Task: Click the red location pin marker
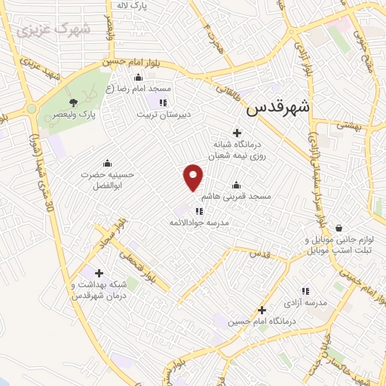point(194,177)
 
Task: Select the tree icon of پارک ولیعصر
point(73,102)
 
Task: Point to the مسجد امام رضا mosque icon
point(138,77)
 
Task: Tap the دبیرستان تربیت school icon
point(162,103)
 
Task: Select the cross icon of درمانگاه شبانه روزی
point(237,133)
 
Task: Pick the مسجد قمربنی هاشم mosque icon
point(236,185)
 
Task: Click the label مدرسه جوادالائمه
point(198,223)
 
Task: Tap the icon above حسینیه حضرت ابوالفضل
point(107,163)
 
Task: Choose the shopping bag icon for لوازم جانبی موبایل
point(339,227)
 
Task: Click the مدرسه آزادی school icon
point(305,290)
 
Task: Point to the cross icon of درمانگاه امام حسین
point(262,310)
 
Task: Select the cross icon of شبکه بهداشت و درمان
point(99,273)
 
